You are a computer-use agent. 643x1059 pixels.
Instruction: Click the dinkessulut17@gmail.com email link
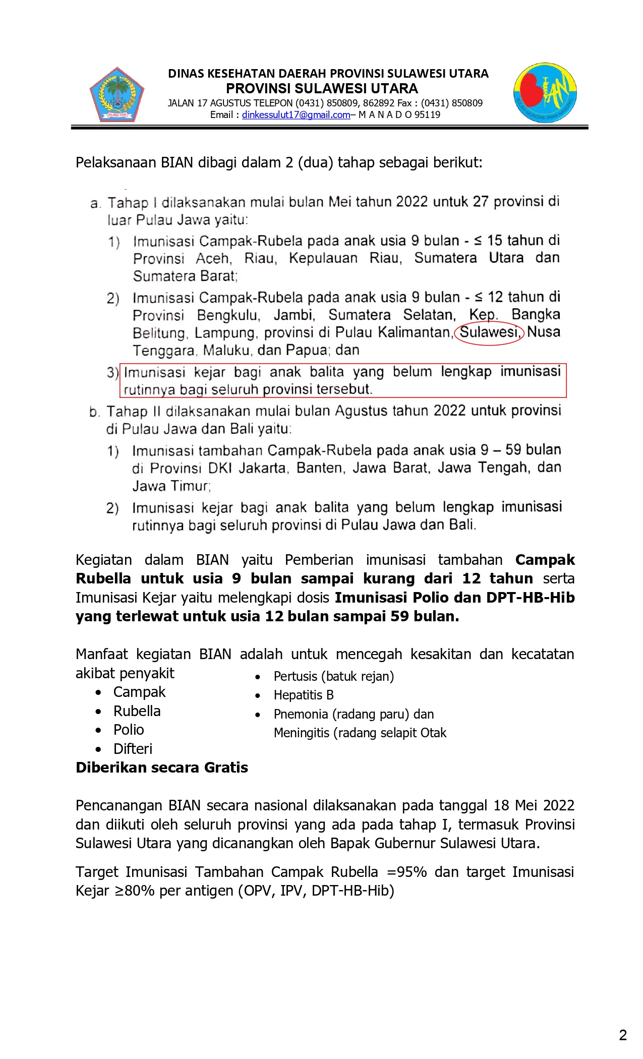click(x=296, y=114)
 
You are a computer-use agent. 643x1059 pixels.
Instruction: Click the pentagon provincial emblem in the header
click(x=117, y=94)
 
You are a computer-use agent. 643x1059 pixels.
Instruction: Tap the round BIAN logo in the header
click(x=545, y=93)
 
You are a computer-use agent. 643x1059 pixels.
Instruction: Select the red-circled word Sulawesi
click(x=489, y=332)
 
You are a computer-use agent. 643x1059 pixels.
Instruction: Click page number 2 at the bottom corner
click(x=623, y=1035)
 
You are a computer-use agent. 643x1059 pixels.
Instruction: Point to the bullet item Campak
click(x=139, y=692)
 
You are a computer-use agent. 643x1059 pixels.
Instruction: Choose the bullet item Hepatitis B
click(x=304, y=695)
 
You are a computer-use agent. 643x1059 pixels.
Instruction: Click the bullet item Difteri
click(x=133, y=749)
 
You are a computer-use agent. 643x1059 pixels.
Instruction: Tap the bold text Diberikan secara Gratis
click(x=161, y=768)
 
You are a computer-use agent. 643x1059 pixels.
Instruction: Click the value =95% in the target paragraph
click(x=407, y=872)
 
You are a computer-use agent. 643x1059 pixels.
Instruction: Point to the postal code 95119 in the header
click(x=427, y=114)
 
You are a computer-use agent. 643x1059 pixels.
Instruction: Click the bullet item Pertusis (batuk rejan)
click(x=333, y=676)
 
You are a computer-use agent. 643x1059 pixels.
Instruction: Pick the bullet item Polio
click(x=129, y=730)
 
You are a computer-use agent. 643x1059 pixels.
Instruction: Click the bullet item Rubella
click(x=137, y=711)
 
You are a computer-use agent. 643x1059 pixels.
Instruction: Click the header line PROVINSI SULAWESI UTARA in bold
click(x=322, y=89)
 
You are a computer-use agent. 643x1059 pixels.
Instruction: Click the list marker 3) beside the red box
click(x=112, y=373)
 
